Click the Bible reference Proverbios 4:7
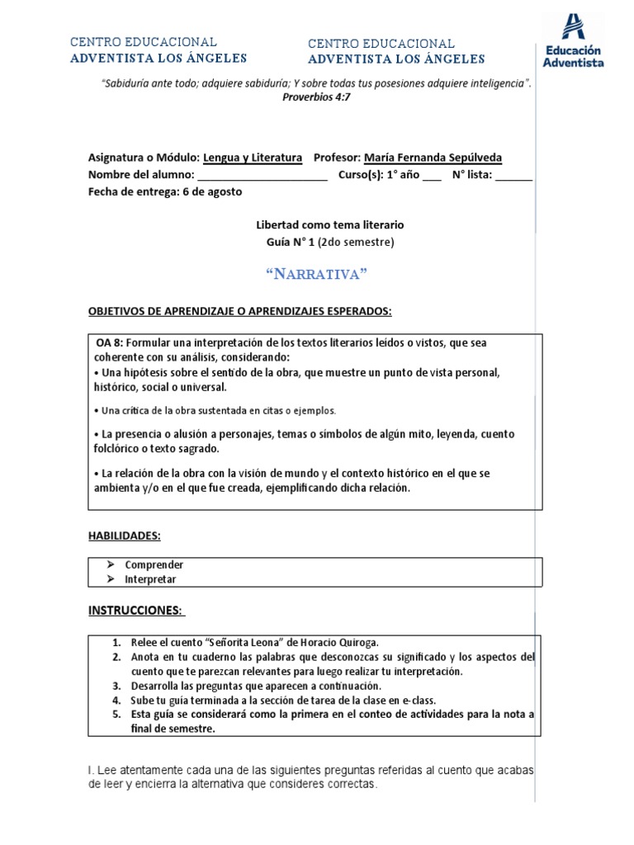click(x=316, y=97)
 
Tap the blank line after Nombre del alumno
click(x=263, y=175)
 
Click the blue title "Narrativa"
click(x=316, y=274)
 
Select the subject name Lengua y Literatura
click(x=253, y=158)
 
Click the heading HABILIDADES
click(x=125, y=536)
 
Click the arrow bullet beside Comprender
click(x=110, y=565)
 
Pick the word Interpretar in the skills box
click(x=150, y=579)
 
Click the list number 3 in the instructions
click(x=117, y=686)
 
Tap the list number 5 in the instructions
click(x=117, y=715)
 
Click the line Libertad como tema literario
click(x=329, y=224)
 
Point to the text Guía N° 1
click(x=287, y=242)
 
